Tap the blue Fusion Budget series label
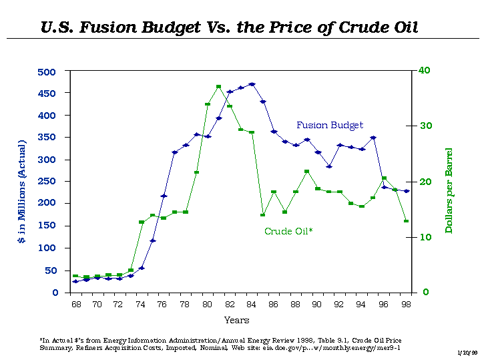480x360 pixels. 330,125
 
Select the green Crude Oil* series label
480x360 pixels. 289,231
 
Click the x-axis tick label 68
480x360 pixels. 75,305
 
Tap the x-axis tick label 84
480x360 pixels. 251,305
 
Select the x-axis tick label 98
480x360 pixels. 405,305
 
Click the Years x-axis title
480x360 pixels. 237,321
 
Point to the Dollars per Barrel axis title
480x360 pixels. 449,190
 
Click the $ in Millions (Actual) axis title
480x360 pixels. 22,190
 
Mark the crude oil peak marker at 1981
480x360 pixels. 218,87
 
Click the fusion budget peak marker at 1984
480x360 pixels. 252,84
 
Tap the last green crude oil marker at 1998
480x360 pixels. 406,221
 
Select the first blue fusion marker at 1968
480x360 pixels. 75,282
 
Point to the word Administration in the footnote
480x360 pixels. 172,340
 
